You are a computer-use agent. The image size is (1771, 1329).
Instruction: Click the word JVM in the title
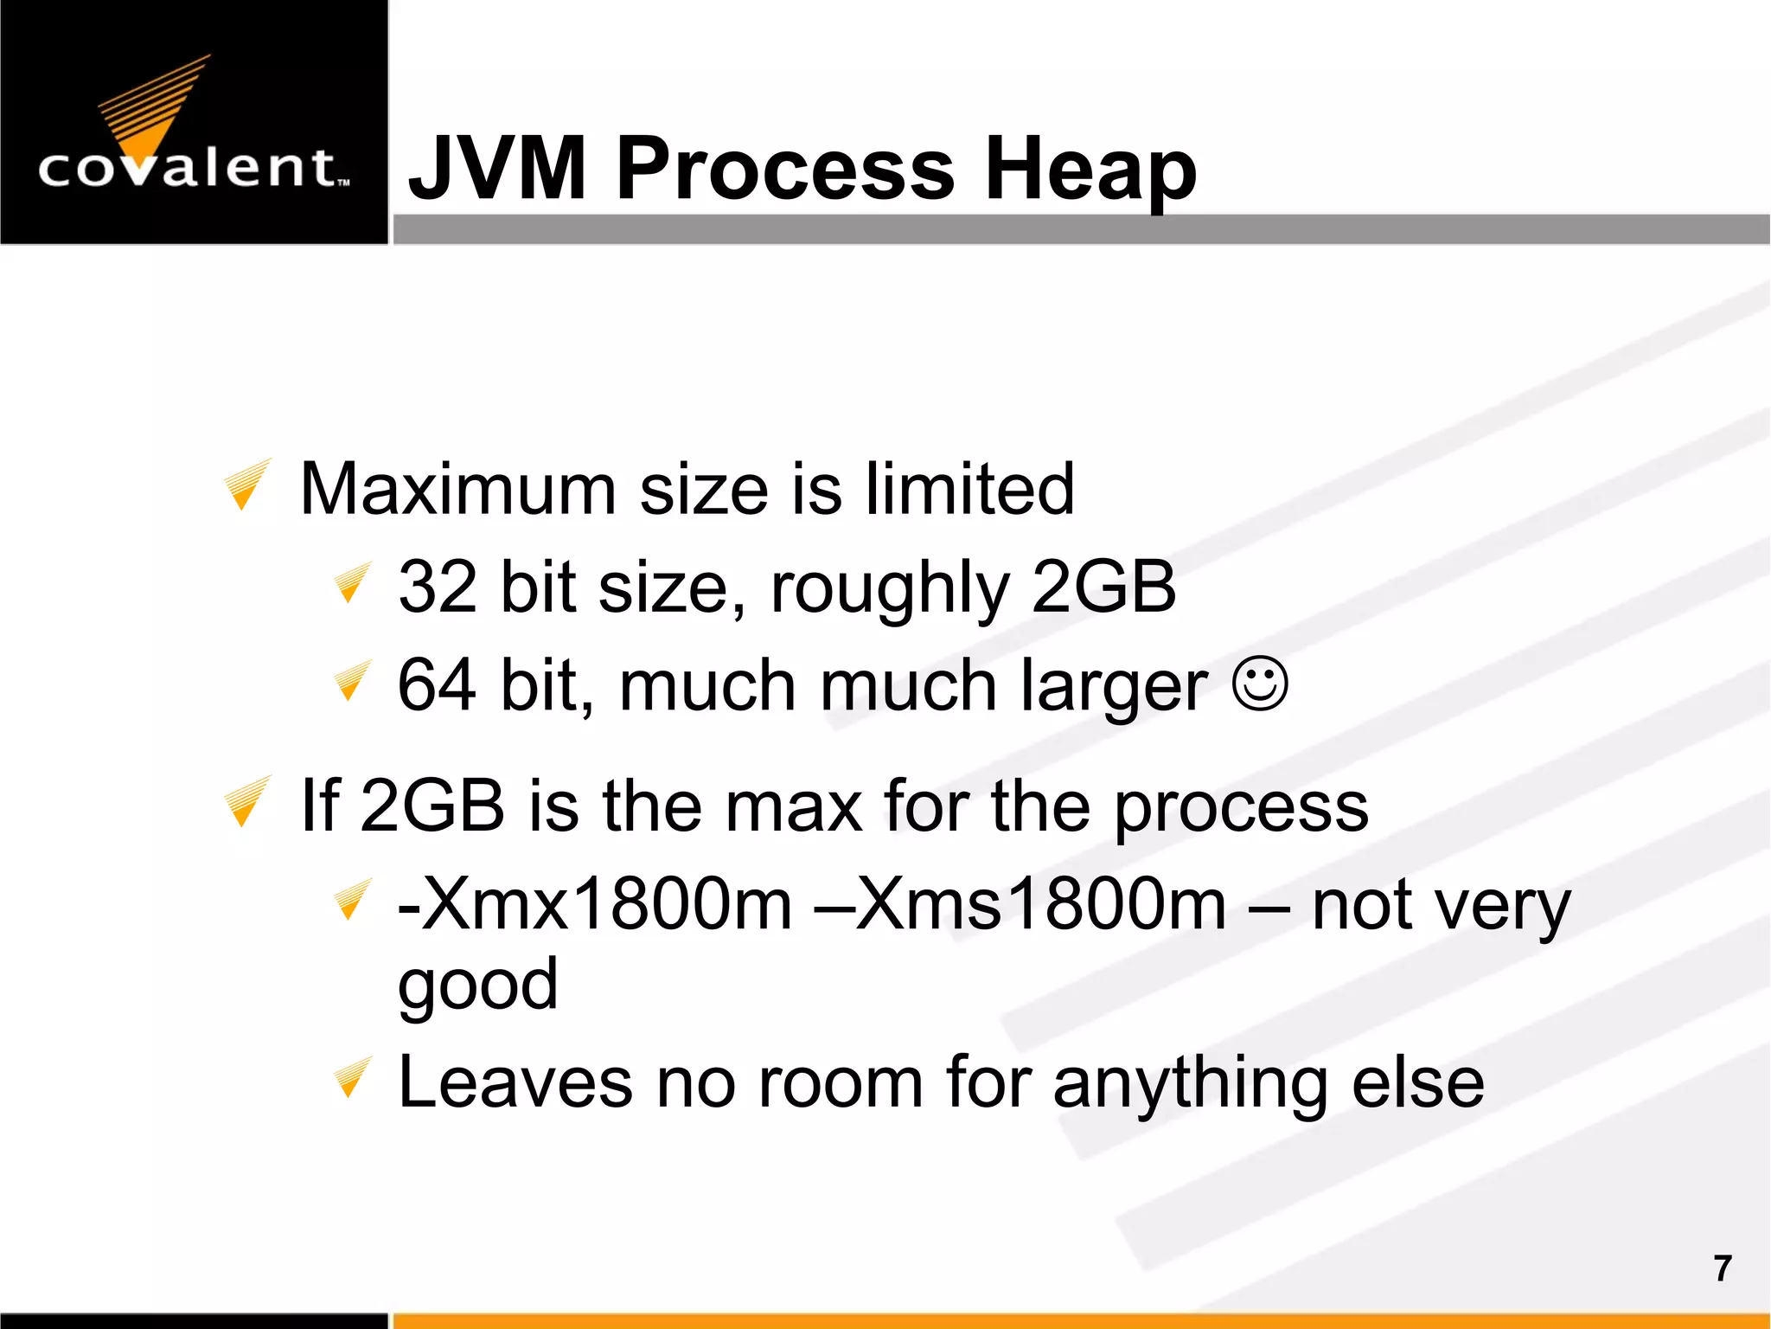(498, 168)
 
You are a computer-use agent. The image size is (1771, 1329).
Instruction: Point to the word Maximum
(457, 489)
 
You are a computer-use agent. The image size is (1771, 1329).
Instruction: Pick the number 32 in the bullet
(438, 587)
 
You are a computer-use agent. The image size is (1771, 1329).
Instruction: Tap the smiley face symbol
(1261, 684)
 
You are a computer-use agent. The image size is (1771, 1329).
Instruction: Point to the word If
(320, 806)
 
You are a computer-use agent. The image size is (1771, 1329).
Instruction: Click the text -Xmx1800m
(595, 904)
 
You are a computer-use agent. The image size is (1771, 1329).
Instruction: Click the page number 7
(1723, 1268)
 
